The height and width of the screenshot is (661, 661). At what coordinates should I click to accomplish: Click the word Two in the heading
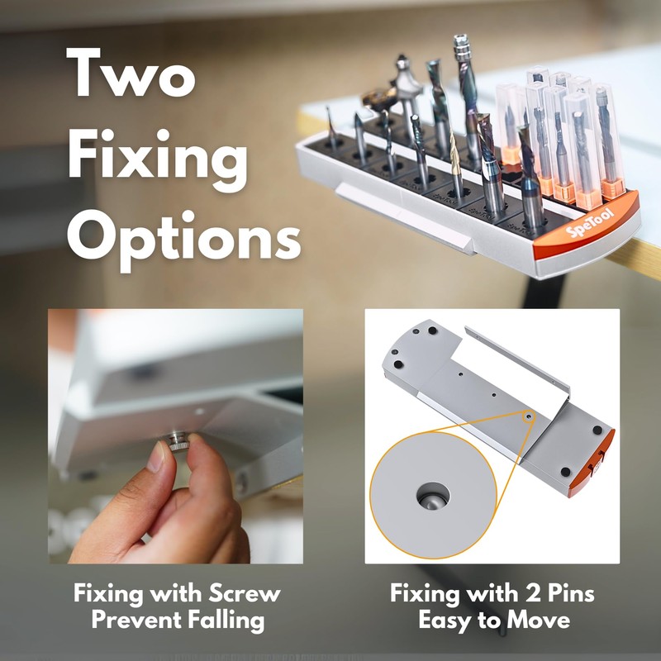[131, 73]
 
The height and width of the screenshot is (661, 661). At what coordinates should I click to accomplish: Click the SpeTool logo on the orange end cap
[589, 223]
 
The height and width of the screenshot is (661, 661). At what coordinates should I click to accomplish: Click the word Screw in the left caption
[245, 593]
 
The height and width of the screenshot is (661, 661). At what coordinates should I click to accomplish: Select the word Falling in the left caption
[226, 621]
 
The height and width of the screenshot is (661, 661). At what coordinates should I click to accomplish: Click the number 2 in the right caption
[533, 593]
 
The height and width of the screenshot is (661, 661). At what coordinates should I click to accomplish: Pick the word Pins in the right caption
[571, 593]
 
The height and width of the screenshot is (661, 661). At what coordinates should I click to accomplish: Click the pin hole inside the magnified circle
[433, 496]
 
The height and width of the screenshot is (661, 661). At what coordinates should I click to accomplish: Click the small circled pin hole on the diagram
[529, 417]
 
